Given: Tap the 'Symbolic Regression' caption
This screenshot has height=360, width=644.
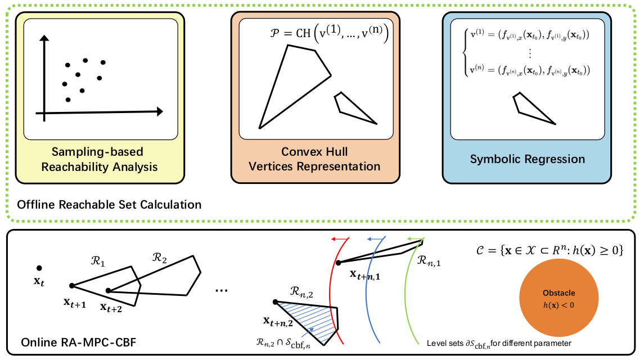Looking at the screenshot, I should point(527,159).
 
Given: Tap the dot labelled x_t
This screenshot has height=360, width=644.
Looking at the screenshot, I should point(39,268).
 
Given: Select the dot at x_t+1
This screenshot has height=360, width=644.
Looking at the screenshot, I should point(71,286).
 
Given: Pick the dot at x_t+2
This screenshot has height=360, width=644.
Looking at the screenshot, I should point(109,291).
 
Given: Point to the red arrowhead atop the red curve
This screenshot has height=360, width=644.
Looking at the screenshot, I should point(335,239).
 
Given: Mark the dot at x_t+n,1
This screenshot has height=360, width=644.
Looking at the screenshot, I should point(338,262).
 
